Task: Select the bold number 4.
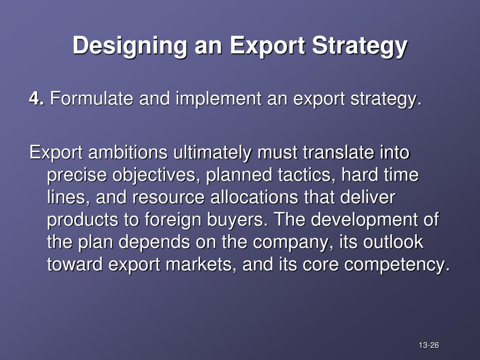[x=36, y=99]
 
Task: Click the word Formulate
[x=93, y=99]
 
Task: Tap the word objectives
[x=157, y=175]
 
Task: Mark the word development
[x=365, y=220]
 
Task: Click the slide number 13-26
[x=428, y=346]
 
